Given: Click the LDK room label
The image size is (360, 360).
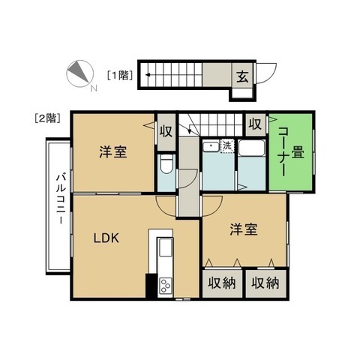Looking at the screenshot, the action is [106, 238].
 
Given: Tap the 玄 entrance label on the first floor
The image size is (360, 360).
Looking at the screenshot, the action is [242, 76].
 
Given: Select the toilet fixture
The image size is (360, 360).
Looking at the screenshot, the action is [166, 164].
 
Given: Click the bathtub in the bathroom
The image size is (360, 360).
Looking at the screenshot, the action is [251, 148].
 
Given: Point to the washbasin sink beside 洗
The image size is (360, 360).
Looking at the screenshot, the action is [211, 146].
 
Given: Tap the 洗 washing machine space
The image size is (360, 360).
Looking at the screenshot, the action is [227, 146].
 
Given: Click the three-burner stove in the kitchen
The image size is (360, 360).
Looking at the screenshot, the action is [166, 285].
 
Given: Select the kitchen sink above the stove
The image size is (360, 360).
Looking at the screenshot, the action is [166, 247].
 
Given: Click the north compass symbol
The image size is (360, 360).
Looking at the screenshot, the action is [79, 73].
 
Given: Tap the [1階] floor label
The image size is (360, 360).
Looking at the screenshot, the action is [120, 75].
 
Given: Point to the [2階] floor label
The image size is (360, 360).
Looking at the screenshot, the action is [47, 118].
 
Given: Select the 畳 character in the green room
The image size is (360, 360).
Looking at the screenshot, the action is [298, 152].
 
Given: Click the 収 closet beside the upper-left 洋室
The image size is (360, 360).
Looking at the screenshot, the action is [166, 131].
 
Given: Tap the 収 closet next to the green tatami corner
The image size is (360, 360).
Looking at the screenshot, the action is [255, 124].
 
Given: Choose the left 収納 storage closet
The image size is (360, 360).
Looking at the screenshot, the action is [222, 283].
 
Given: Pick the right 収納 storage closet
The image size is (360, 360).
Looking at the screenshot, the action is [265, 283].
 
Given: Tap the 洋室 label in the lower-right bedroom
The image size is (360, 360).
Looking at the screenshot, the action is [244, 229].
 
